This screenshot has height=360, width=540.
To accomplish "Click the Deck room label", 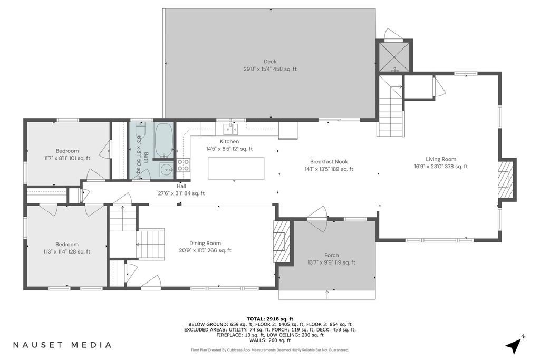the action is pos(270,62).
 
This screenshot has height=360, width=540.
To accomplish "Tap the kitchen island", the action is pos(236,168).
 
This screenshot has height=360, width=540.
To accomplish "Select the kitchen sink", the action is pos(230,129).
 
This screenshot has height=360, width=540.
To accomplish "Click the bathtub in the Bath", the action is pos(163,140).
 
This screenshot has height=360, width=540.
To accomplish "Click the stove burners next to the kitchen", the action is pos(183,165).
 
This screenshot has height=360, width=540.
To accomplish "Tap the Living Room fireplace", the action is pos(506,179).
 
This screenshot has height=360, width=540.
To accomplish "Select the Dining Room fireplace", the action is pos(282,241).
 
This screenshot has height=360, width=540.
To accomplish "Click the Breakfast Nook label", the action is pos(329,161).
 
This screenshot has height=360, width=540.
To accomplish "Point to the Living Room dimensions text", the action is pos(441,167).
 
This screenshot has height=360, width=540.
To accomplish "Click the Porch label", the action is pos(331,255).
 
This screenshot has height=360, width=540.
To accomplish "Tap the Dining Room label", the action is pos(205,243).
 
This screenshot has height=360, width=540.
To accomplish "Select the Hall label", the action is pos(181,186).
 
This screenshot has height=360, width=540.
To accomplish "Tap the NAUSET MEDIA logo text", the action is pos(62,345).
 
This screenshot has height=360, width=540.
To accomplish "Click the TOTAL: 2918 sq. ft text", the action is pos(270,319).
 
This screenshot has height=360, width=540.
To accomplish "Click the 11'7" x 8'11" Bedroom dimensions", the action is pos(67,158).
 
